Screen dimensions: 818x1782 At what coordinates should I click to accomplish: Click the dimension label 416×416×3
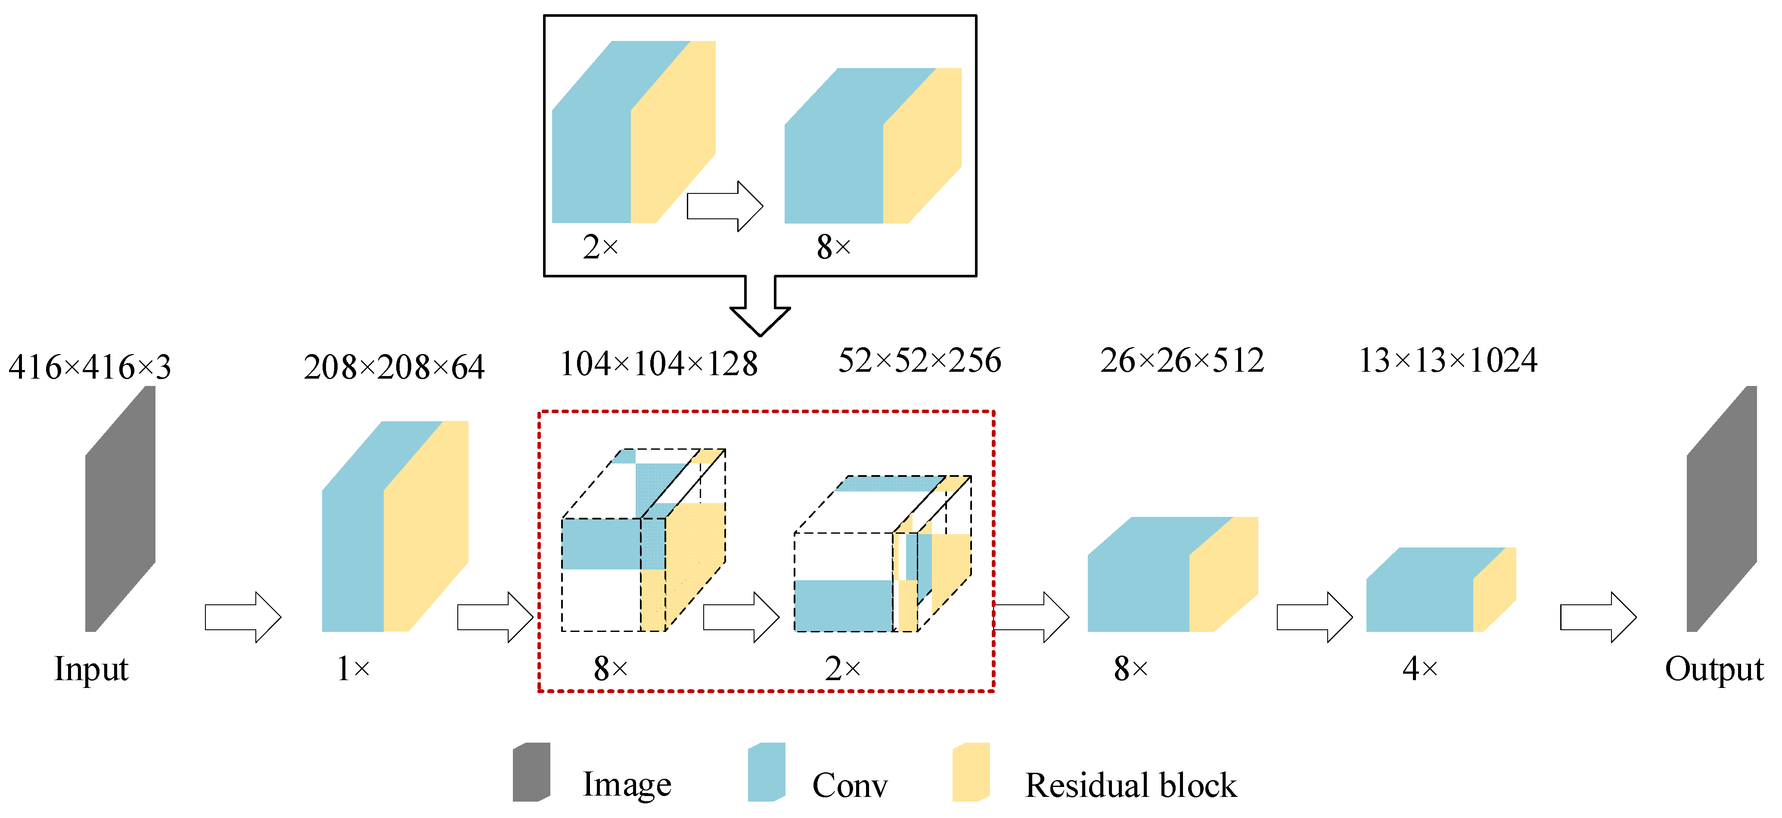point(90,367)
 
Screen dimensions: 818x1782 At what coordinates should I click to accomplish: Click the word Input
point(91,669)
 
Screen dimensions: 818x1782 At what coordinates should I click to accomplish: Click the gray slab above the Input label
point(121,509)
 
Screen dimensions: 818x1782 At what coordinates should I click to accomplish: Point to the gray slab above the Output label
point(1721,509)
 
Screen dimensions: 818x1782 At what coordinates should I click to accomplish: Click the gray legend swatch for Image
point(531,771)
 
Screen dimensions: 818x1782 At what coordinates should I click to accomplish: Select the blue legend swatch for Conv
point(767,771)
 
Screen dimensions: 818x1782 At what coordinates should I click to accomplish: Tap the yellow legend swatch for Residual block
point(971,771)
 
